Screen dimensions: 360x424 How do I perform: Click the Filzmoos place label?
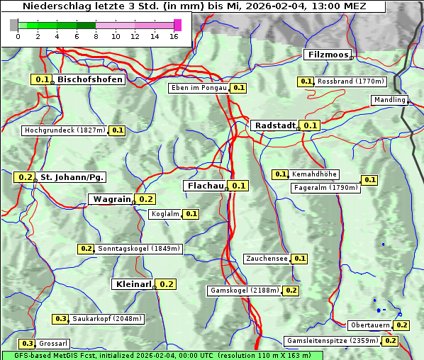point(327,55)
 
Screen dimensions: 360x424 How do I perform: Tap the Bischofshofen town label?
point(90,79)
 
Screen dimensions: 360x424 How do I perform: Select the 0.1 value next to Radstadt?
point(310,125)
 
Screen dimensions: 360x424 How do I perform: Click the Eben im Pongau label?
point(199,88)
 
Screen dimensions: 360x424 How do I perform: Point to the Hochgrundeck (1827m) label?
point(65,130)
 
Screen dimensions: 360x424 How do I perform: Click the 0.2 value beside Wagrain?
point(146,199)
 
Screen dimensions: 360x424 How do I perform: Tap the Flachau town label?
point(205,186)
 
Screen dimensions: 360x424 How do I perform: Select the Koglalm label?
point(165,214)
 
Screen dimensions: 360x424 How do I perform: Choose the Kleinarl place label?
point(133,284)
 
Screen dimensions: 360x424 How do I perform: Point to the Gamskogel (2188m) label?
point(245,291)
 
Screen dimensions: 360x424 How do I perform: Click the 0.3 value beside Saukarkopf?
point(61,319)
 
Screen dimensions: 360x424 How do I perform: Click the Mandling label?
point(389,100)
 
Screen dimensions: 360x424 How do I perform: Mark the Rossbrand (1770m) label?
point(350,81)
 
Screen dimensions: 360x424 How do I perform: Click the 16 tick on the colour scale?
point(174,35)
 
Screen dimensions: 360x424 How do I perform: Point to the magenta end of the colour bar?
point(177,25)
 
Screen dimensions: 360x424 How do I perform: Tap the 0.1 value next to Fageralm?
point(369,180)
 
